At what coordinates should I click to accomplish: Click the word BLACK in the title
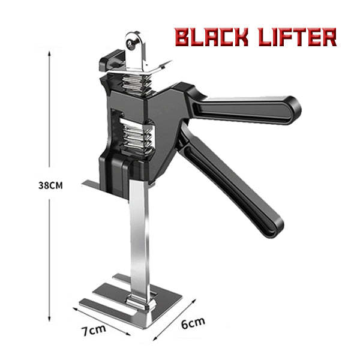tap(211, 37)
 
